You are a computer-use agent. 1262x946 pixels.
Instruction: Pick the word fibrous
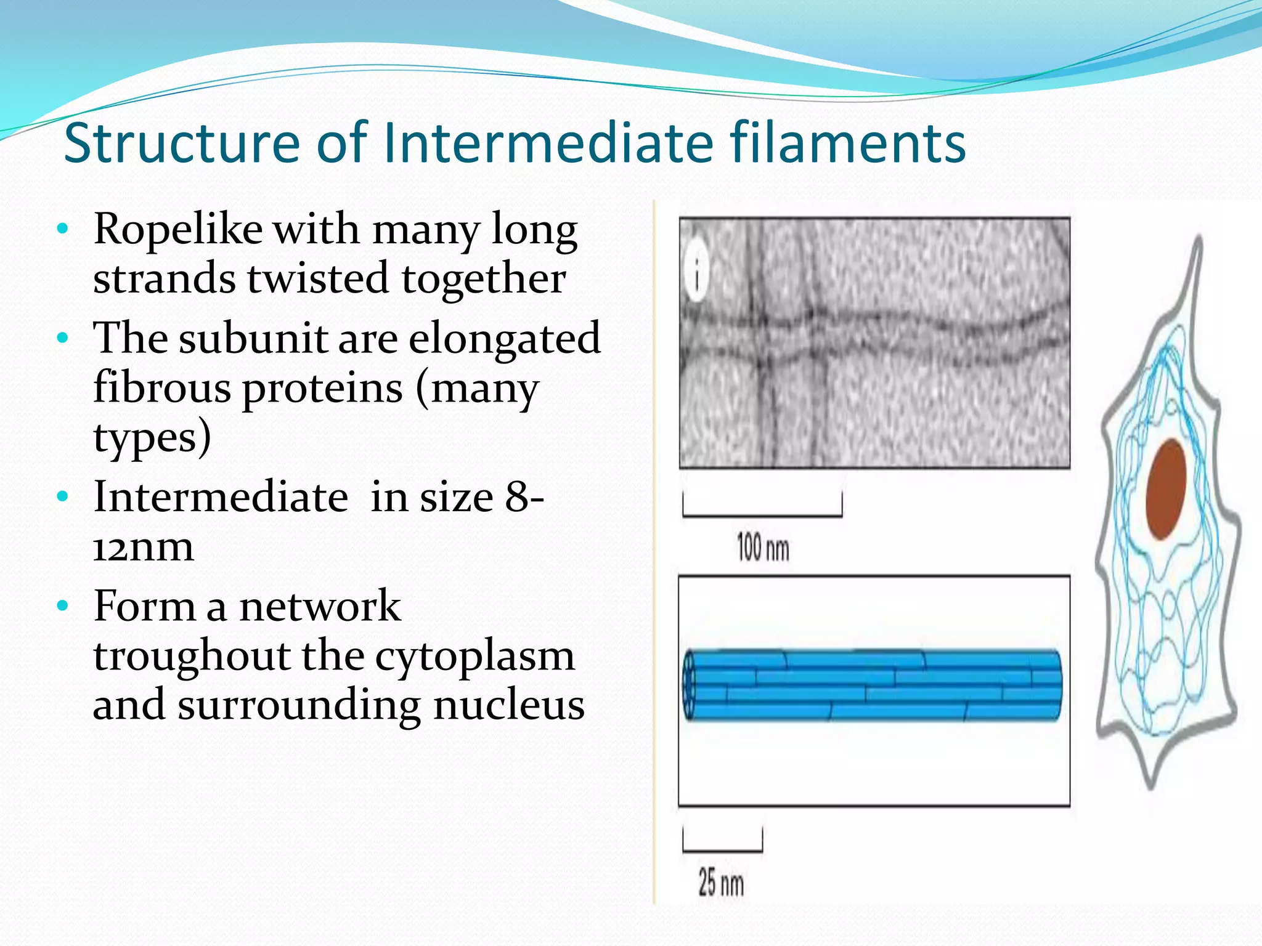coord(162,388)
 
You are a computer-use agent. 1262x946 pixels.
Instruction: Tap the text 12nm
coord(143,547)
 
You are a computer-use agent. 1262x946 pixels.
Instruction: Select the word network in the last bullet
coord(320,606)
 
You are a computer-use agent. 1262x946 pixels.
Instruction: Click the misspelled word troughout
coord(192,656)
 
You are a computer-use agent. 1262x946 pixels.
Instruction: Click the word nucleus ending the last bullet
coord(508,705)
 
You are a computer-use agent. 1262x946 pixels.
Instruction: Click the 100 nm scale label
coord(763,548)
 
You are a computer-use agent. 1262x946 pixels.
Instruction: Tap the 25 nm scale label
coord(721,883)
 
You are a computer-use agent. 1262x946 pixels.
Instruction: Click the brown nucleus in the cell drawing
coord(1166,490)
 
